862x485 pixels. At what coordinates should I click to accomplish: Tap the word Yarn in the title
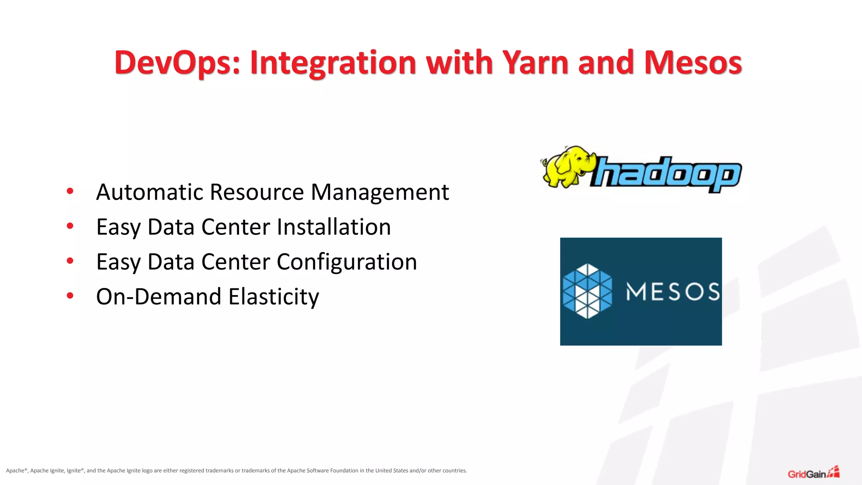pyautogui.click(x=535, y=62)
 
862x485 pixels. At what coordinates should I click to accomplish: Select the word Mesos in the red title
pyautogui.click(x=693, y=62)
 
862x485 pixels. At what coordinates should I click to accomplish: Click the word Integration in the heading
pyautogui.click(x=333, y=62)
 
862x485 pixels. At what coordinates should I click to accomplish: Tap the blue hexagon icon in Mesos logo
pyautogui.click(x=587, y=291)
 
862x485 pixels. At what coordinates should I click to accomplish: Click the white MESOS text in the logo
pyautogui.click(x=673, y=291)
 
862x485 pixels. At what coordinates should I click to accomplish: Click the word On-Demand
pyautogui.click(x=159, y=296)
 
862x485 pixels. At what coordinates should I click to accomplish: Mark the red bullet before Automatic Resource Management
pyautogui.click(x=70, y=191)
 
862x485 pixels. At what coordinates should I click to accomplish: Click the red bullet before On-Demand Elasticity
pyautogui.click(x=70, y=296)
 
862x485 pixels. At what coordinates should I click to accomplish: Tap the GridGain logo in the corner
pyautogui.click(x=813, y=473)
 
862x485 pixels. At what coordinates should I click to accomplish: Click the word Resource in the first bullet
pyautogui.click(x=257, y=192)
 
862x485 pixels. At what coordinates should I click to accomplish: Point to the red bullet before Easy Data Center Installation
pyautogui.click(x=70, y=226)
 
